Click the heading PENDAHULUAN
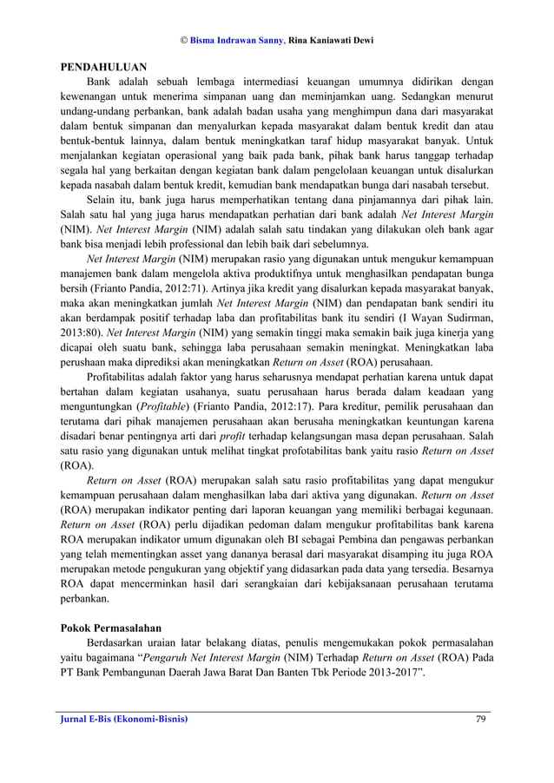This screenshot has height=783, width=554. (102, 67)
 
